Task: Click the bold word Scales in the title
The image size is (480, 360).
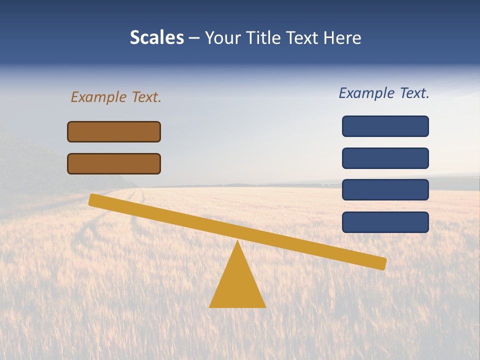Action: pyautogui.click(x=156, y=37)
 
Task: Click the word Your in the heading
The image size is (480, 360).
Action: pyautogui.click(x=223, y=37)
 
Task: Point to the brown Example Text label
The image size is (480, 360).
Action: pyautogui.click(x=116, y=97)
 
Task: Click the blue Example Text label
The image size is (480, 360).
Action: pyautogui.click(x=384, y=93)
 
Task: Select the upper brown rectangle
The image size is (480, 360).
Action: pyautogui.click(x=114, y=131)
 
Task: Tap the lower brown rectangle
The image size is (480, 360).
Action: pyautogui.click(x=114, y=163)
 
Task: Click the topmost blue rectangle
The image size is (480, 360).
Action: pyautogui.click(x=385, y=126)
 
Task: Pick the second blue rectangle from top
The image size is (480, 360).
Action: pyautogui.click(x=385, y=158)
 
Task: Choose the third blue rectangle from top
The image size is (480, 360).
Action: pyautogui.click(x=385, y=190)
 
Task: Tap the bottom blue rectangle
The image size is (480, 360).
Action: pyautogui.click(x=385, y=222)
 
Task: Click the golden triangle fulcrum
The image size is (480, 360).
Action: pyautogui.click(x=237, y=285)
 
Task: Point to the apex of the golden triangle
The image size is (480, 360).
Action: pyautogui.click(x=237, y=243)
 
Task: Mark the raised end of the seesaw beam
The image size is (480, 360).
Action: pyautogui.click(x=93, y=200)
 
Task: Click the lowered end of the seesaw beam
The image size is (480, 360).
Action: pyautogui.click(x=382, y=263)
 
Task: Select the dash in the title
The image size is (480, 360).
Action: pyautogui.click(x=194, y=37)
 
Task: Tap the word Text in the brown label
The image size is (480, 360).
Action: pyautogui.click(x=146, y=97)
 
